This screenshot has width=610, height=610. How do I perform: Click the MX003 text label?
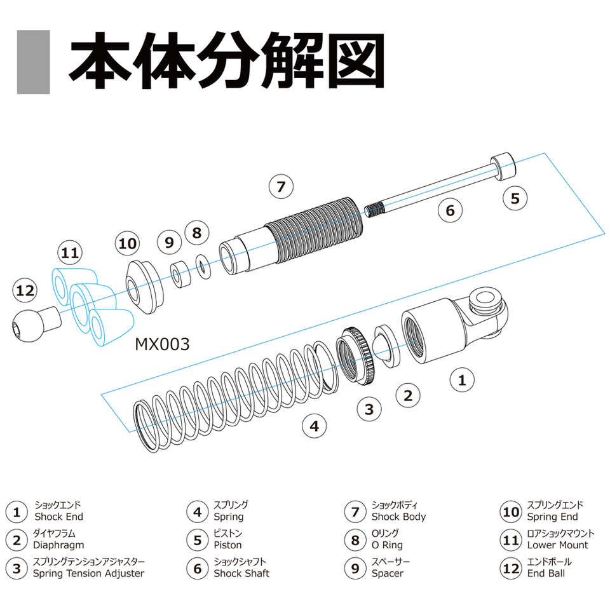(162, 344)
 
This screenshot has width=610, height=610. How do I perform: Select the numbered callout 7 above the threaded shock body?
(281, 187)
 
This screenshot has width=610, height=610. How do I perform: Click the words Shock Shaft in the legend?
(241, 573)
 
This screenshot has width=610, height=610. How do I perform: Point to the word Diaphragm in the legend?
(58, 545)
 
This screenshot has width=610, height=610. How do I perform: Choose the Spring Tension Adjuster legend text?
(89, 573)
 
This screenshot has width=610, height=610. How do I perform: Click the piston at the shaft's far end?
(503, 166)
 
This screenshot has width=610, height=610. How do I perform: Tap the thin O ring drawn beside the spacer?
(203, 266)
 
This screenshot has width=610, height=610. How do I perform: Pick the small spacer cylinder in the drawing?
(180, 274)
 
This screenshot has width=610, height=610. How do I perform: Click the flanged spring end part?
(144, 287)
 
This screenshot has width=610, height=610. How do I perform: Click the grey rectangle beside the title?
(34, 62)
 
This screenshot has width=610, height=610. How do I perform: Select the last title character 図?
(356, 61)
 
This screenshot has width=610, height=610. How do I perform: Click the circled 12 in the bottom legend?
(510, 569)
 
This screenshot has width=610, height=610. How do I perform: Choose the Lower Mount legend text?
(557, 545)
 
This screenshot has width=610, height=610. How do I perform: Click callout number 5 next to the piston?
(515, 198)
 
